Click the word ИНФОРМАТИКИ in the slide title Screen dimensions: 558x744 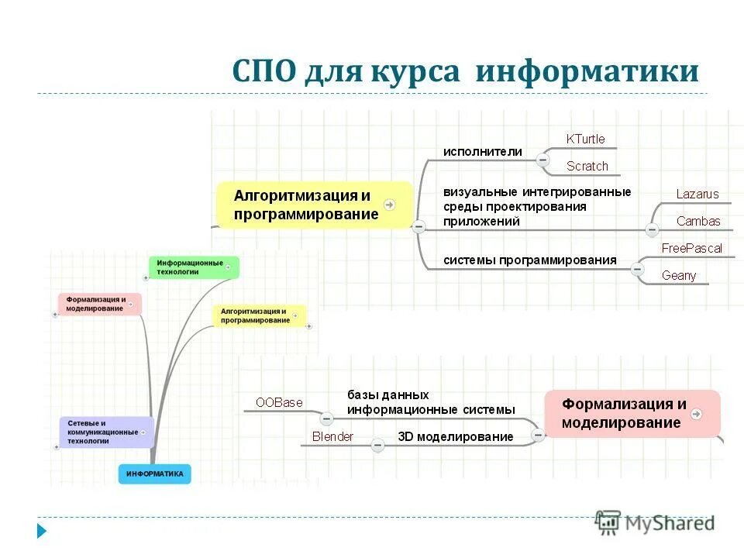tap(587, 72)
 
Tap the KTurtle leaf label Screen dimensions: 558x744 tap(585, 139)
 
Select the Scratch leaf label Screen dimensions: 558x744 tap(587, 166)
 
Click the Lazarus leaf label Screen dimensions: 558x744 tap(697, 195)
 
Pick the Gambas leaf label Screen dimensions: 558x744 tap(697, 221)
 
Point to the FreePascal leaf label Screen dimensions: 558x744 tap(691, 249)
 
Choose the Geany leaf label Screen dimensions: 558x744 tap(679, 275)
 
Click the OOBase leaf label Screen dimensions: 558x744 tap(279, 402)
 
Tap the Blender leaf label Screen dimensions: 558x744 tap(332, 436)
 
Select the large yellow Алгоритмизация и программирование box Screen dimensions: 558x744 tap(314, 205)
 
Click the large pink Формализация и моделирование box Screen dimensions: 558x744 tap(632, 414)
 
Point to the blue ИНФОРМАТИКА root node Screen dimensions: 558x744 tap(154, 474)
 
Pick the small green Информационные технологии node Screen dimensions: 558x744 tap(193, 267)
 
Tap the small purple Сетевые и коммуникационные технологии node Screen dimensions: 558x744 tap(106, 432)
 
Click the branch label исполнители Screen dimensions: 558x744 tap(482, 152)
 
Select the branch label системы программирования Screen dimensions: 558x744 tap(530, 260)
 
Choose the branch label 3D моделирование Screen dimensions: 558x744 tap(456, 436)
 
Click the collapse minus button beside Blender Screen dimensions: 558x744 tap(377, 445)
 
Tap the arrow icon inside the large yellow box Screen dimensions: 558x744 tap(389, 205)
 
